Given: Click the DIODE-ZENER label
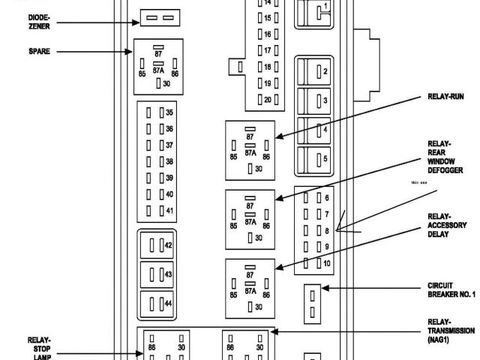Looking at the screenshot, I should [40, 21].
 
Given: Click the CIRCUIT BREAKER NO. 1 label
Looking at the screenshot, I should [451, 289].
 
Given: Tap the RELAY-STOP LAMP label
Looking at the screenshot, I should [39, 347].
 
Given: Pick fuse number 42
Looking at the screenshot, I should [157, 245].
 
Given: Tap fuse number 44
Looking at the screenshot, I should [157, 304].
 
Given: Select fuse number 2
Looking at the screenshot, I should [319, 71].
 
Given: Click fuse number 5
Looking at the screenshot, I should [319, 158].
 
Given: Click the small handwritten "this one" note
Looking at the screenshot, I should [419, 182].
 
